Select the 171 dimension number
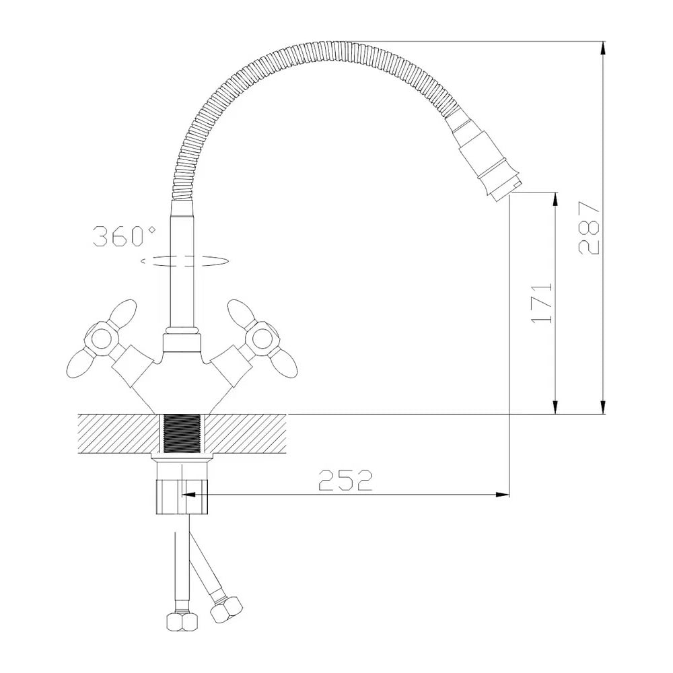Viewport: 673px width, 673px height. pos(542,302)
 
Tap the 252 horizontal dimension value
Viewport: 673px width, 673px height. pos(345,480)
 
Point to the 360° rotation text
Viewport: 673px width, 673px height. pos(124,236)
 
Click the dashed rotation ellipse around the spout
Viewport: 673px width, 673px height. pos(184,261)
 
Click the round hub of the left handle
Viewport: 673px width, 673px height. pos(101,339)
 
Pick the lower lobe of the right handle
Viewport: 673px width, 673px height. pos(281,363)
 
